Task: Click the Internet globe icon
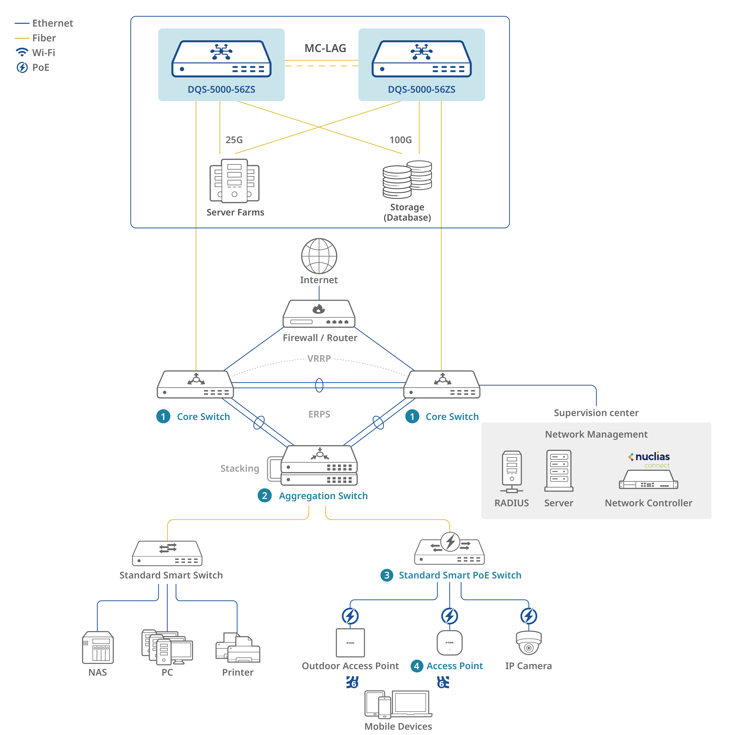319,256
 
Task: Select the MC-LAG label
325,48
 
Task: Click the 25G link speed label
234,140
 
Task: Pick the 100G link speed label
401,140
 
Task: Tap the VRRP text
319,358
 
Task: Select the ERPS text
319,414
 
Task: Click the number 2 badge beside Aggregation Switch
264,496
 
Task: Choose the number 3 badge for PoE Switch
387,575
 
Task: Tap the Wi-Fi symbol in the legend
22,52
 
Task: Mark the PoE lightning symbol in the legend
22,67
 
